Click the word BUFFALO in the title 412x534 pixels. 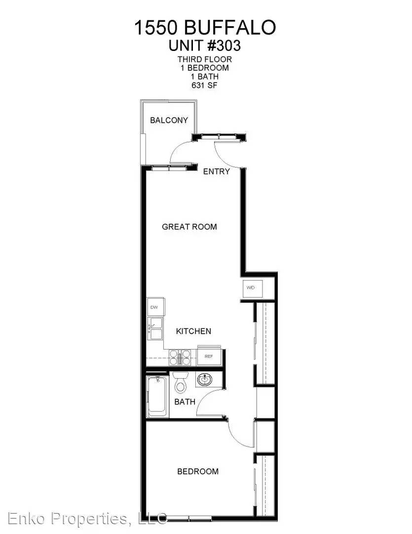tap(229, 27)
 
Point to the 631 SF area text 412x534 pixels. tap(204, 85)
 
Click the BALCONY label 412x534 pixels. tap(169, 120)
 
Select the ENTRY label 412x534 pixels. tap(217, 171)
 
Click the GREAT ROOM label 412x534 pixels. tap(189, 227)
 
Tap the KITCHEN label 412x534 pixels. tap(193, 331)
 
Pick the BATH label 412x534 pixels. tap(185, 402)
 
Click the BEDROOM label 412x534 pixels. tap(198, 472)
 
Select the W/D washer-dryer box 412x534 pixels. tap(250, 288)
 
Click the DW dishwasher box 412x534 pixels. tap(155, 307)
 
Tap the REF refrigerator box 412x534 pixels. tap(209, 356)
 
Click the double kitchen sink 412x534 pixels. tap(155, 329)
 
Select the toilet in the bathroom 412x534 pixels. tap(180, 382)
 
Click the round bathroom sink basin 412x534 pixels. tap(205, 379)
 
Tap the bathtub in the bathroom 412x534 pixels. tap(157, 397)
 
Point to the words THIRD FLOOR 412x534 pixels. tap(205, 59)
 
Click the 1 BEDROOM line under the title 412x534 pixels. tap(205, 68)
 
